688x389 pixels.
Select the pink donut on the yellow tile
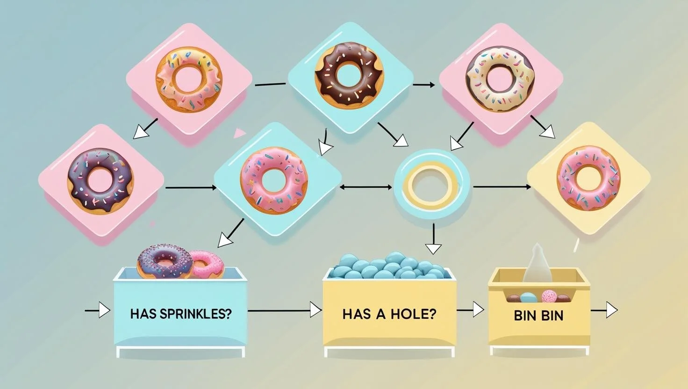pos(588,178)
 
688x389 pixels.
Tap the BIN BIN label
pos(538,315)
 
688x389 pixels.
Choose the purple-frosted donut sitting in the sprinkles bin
pos(165,261)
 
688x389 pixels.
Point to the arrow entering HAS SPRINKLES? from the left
pos(98,310)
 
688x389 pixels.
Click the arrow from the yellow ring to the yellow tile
pos(502,187)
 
